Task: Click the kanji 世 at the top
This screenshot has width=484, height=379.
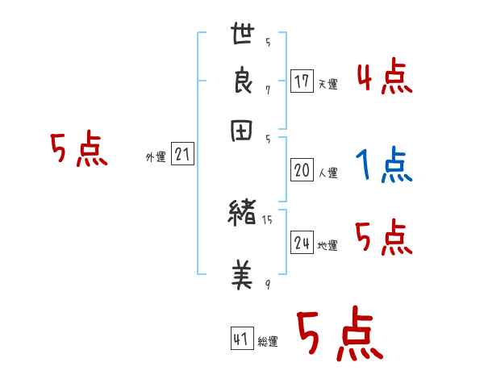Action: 243,35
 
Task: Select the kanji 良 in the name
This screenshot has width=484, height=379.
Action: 243,82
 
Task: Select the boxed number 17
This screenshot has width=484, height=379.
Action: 302,81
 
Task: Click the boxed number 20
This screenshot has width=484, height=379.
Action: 302,170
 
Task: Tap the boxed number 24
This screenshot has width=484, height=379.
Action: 302,243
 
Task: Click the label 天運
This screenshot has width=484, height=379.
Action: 328,84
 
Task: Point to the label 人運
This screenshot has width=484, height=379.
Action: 328,173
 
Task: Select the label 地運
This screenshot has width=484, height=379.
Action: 328,245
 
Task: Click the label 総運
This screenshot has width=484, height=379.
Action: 268,342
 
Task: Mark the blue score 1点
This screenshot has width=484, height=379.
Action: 383,166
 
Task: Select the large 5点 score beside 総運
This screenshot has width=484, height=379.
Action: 339,335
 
